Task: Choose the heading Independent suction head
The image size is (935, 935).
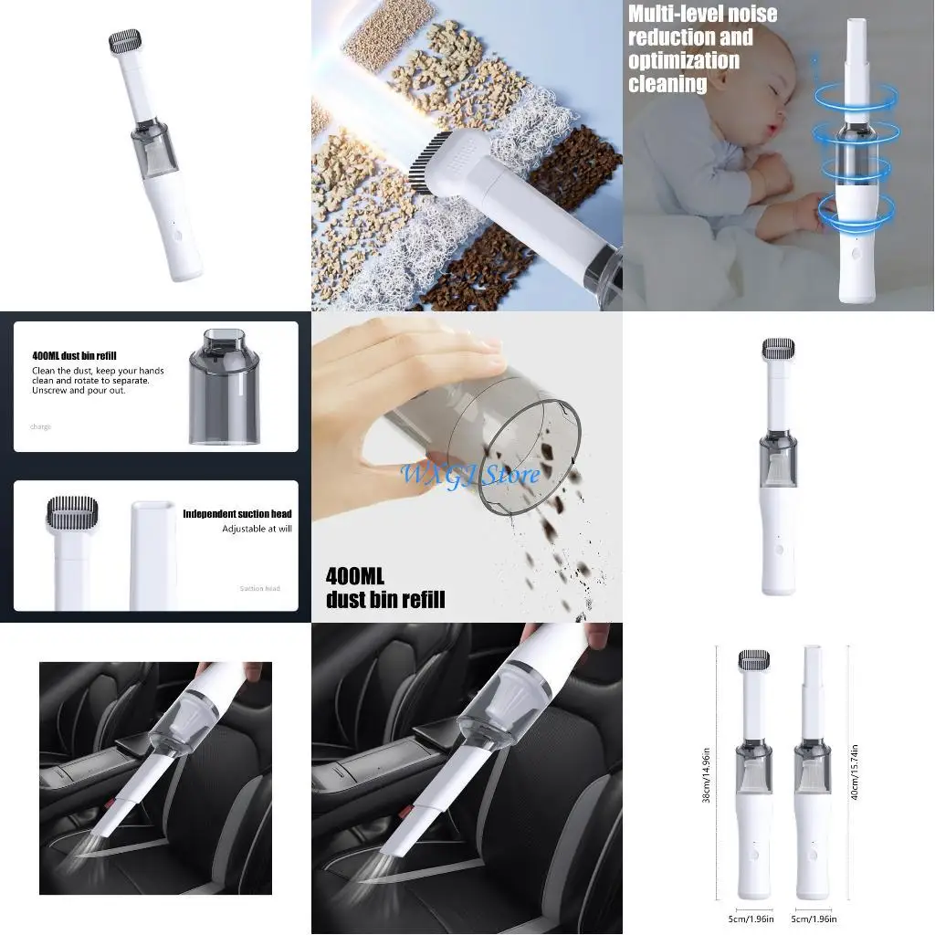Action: pyautogui.click(x=236, y=514)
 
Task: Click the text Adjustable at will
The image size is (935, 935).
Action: pyautogui.click(x=257, y=529)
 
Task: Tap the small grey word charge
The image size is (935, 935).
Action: pyautogui.click(x=40, y=426)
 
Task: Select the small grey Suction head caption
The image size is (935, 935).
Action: pyautogui.click(x=259, y=589)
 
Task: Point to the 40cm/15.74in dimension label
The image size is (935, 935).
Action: pyautogui.click(x=853, y=772)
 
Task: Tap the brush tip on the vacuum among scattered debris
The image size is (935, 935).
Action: pyautogui.click(x=431, y=165)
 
